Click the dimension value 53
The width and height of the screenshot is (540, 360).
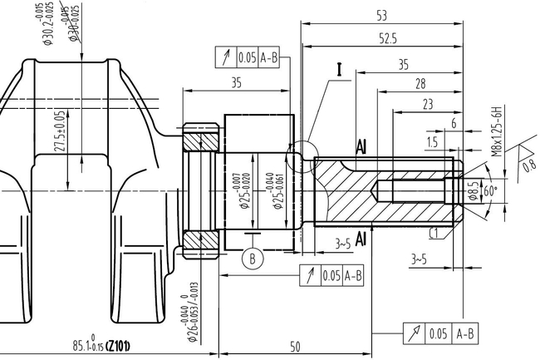click(381, 15)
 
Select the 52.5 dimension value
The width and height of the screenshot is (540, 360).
click(387, 38)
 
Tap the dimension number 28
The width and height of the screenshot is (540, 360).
click(420, 83)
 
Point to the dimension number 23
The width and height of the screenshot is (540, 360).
click(427, 104)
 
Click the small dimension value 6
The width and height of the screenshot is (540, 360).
click(453, 123)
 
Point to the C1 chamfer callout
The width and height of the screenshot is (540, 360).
click(435, 233)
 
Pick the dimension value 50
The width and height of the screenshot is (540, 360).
click(295, 347)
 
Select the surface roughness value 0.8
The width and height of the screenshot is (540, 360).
click(529, 165)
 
